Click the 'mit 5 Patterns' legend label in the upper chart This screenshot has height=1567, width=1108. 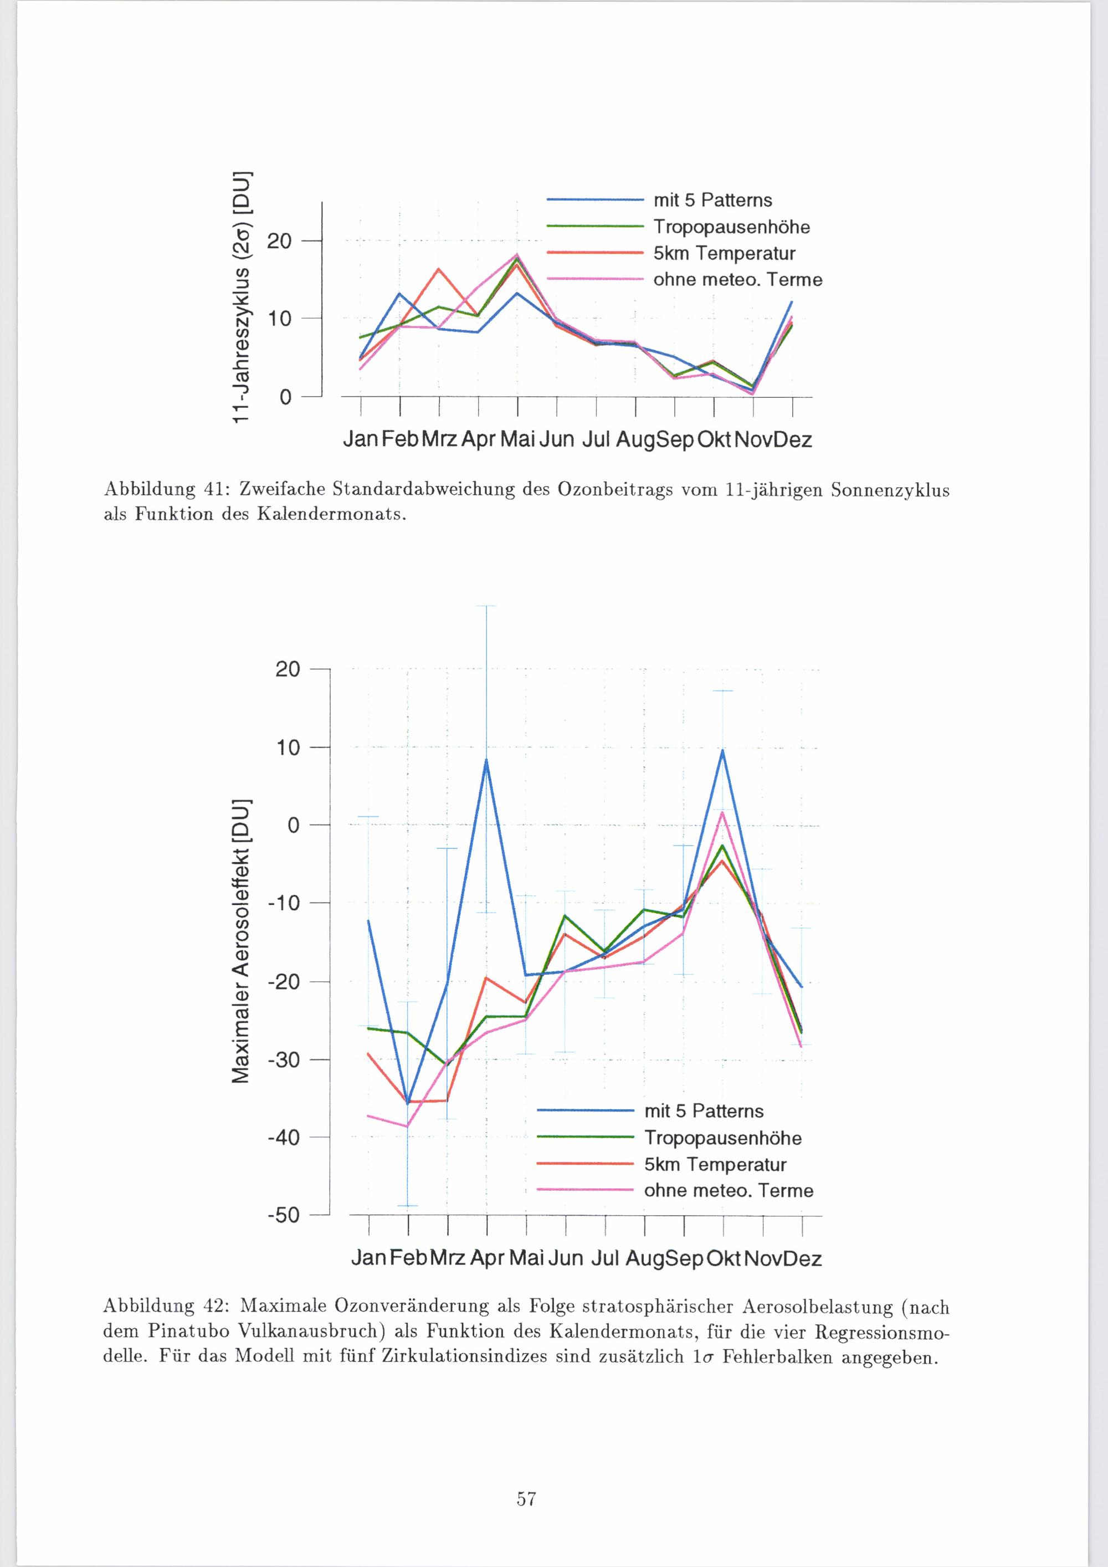click(x=712, y=200)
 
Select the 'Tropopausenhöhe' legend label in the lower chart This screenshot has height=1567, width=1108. click(x=722, y=1138)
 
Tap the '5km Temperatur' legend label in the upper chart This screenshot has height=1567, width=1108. click(x=724, y=254)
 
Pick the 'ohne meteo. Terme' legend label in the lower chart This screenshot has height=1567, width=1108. click(x=729, y=1191)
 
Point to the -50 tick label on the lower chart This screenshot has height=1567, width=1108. click(x=286, y=1216)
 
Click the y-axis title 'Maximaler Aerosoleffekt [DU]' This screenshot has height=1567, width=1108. click(x=239, y=941)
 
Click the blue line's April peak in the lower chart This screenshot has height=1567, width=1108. click(x=486, y=759)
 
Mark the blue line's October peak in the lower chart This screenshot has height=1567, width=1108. click(x=722, y=751)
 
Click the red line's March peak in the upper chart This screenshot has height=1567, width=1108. click(x=439, y=269)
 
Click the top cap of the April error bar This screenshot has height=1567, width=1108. click(x=486, y=606)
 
